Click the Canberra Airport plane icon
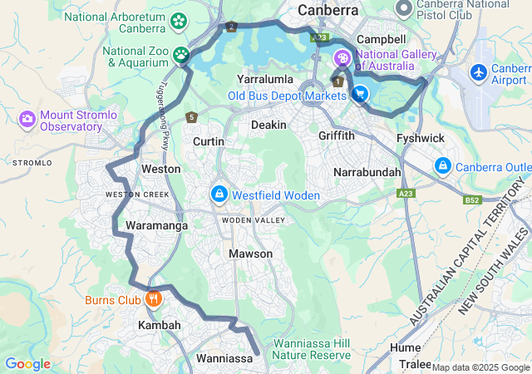point(479,72)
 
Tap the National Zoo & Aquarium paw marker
point(181,56)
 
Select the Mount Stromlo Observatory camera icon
point(27,120)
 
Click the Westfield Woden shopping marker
point(219,194)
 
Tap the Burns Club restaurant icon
point(152,298)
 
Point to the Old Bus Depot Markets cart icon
point(360,96)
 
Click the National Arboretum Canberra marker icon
point(178,20)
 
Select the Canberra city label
point(328,11)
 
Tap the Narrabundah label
point(367,172)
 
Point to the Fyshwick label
point(421,137)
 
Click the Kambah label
point(160,325)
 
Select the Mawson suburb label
point(250,253)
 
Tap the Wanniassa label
point(224,358)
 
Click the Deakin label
point(268,125)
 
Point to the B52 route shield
point(472,200)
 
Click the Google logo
point(27,364)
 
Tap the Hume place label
point(406,347)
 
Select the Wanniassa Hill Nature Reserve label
point(313,349)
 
